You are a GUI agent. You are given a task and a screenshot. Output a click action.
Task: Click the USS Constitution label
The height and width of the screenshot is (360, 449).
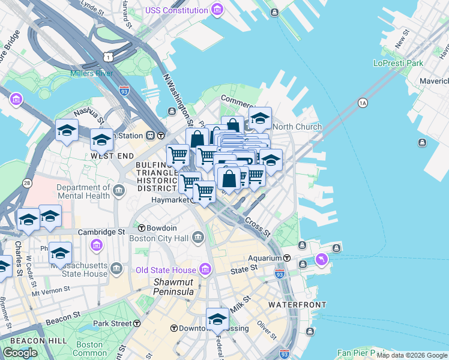click(178, 10)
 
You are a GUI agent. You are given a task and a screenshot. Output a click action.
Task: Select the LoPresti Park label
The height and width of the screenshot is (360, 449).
click(398, 63)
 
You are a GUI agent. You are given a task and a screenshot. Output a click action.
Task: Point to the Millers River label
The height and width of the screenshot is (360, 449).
click(91, 73)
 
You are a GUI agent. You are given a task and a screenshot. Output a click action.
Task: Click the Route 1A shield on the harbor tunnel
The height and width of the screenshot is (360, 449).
click(362, 103)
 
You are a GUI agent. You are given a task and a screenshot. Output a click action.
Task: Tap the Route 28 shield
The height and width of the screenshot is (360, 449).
click(27, 182)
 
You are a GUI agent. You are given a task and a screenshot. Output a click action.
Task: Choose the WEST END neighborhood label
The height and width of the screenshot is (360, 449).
click(112, 156)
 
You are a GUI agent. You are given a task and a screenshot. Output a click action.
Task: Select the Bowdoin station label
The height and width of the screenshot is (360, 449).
click(161, 228)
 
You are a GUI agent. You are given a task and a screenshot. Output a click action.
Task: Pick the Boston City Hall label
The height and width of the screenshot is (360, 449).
click(159, 238)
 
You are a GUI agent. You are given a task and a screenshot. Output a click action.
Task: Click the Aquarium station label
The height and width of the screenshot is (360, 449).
click(265, 258)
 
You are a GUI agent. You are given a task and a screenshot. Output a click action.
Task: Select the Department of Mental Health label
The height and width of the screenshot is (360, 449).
click(83, 191)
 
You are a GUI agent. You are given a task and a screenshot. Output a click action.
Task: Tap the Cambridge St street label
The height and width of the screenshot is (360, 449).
click(104, 231)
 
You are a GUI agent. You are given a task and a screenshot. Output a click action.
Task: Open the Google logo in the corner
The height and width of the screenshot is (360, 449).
click(20, 353)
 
